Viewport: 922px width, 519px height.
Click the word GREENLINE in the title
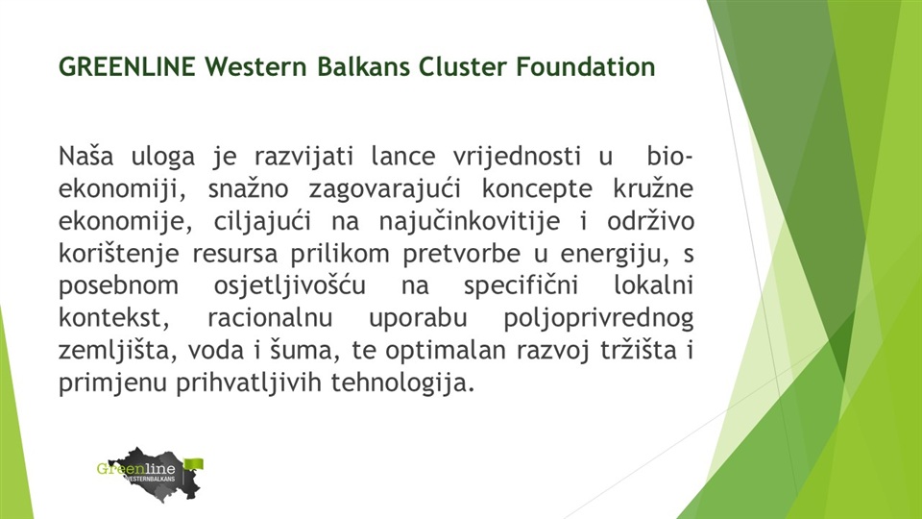(127, 66)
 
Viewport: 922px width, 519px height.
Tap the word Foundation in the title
(586, 66)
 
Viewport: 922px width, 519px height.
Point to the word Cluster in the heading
(463, 66)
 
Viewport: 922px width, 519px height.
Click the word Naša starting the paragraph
(85, 156)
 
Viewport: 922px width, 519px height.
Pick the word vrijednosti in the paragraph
(517, 157)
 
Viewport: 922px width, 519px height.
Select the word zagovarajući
(384, 189)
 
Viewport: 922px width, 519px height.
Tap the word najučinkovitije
(470, 222)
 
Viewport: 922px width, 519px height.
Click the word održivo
(651, 221)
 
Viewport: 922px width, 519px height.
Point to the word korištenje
(118, 254)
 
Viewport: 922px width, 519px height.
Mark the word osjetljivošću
(289, 286)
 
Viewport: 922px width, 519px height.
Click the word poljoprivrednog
(598, 318)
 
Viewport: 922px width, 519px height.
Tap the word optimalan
(445, 351)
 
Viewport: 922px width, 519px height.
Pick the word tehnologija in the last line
(402, 383)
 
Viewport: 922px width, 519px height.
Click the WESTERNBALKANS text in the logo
(150, 479)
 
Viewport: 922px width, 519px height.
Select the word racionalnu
(270, 318)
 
